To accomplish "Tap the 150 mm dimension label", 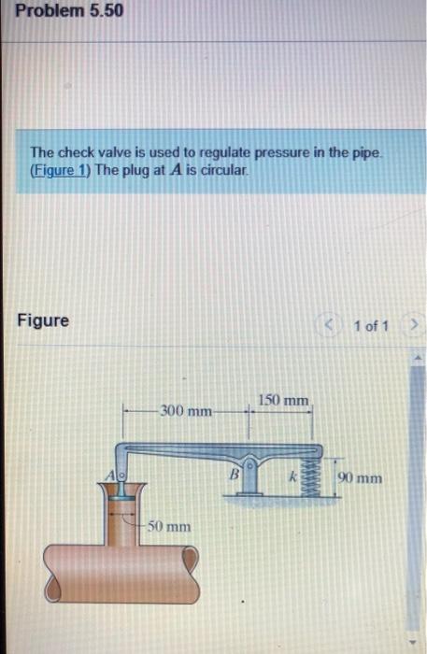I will (x=282, y=401).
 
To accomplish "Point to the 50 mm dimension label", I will (x=170, y=527).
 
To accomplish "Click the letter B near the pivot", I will (x=236, y=475).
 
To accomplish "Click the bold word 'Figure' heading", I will (x=43, y=320).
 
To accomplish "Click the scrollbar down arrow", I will (x=418, y=643).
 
